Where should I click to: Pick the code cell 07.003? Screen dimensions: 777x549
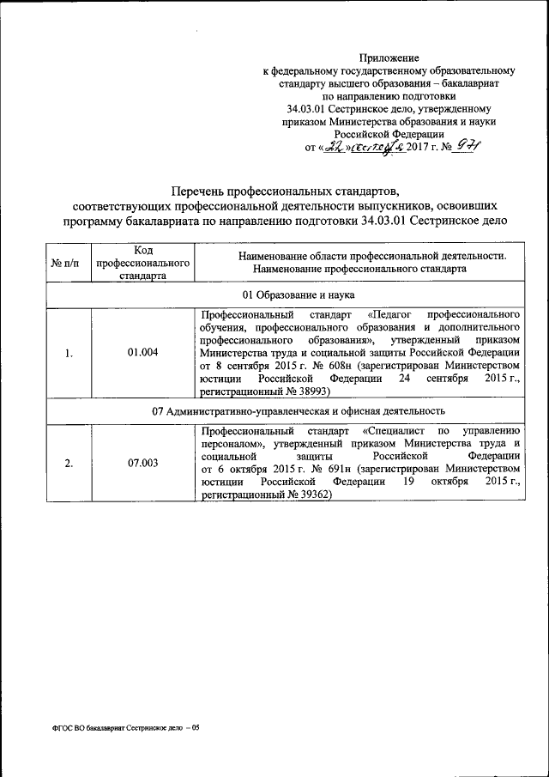142,463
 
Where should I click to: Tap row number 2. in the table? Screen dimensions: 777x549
69,464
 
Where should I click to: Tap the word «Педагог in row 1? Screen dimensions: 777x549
398,314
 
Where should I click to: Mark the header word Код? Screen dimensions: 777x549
142,249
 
